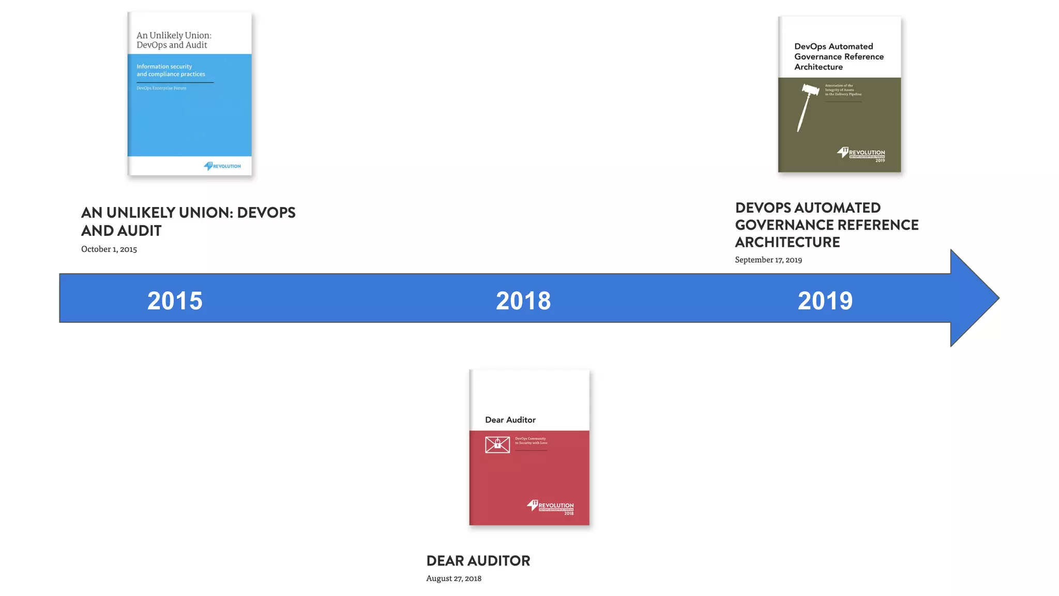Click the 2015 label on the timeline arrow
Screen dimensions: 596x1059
175,301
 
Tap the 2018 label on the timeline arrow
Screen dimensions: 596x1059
523,301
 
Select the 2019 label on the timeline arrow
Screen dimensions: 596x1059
825,301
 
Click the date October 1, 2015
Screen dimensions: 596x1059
109,249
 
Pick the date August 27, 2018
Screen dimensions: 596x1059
453,578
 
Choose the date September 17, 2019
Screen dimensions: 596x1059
768,260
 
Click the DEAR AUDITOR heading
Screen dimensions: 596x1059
478,561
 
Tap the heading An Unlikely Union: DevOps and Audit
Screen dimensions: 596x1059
188,221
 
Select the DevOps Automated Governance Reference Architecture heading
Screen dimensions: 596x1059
826,225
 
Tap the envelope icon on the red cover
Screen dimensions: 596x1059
497,444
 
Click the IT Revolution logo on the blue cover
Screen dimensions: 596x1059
222,166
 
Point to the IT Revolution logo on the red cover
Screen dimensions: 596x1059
551,506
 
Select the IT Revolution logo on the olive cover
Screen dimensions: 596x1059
861,154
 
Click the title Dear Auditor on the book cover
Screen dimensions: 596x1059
510,420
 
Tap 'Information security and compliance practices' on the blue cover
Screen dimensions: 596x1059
171,70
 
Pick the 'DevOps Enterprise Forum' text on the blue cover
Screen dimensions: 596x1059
161,88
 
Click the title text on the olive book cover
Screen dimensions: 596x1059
838,57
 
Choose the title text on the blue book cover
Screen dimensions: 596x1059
174,40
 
